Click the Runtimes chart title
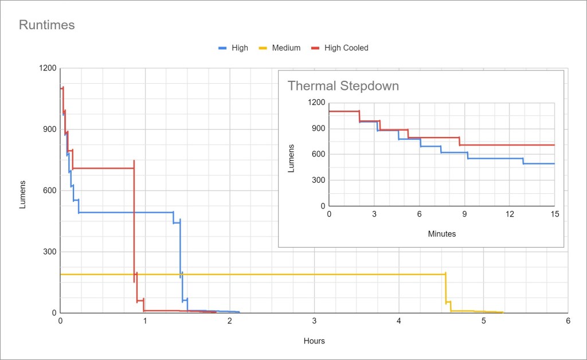coord(47,25)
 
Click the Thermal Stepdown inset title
coord(343,86)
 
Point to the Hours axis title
coord(314,341)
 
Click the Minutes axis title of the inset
coord(442,234)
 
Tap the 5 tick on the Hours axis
coord(483,322)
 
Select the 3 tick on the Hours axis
coord(314,322)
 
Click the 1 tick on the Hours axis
coord(145,322)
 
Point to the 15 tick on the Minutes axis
coord(554,214)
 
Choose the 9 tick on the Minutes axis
coord(464,214)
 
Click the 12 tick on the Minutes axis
coord(510,214)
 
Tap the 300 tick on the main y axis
coord(49,252)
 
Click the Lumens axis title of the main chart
coord(23,194)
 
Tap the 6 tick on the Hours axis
coord(568,322)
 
